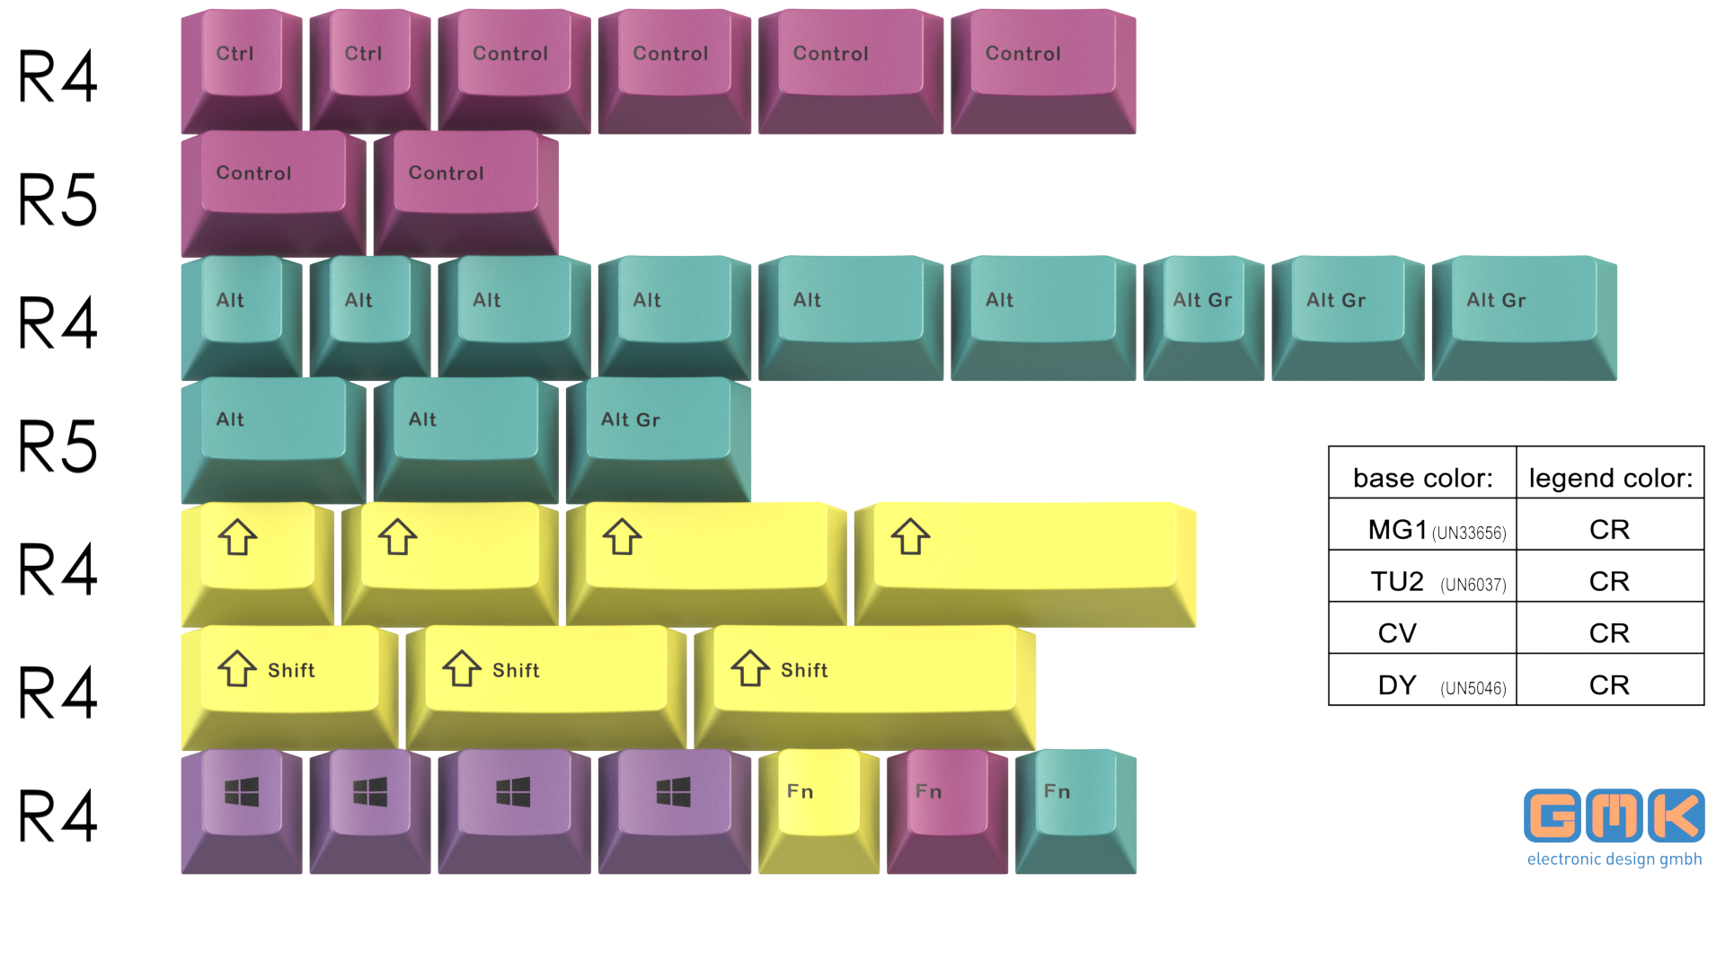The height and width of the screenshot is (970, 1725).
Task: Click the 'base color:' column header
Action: pyautogui.click(x=1422, y=478)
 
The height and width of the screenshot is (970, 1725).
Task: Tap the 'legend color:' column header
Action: pyautogui.click(x=1610, y=478)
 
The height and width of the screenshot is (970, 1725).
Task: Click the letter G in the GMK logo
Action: pyautogui.click(x=1552, y=816)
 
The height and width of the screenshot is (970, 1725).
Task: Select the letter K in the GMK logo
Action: pyautogui.click(x=1676, y=816)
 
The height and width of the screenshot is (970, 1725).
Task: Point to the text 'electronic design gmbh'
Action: pyautogui.click(x=1614, y=860)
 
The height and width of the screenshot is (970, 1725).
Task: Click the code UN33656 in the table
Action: pyautogui.click(x=1469, y=533)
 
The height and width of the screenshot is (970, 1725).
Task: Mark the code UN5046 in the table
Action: pyautogui.click(x=1473, y=689)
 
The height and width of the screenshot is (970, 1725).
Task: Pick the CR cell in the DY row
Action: pyautogui.click(x=1609, y=685)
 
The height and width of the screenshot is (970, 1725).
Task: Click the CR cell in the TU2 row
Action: pyautogui.click(x=1609, y=582)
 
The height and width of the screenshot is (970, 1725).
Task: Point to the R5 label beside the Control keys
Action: pyautogui.click(x=58, y=199)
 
